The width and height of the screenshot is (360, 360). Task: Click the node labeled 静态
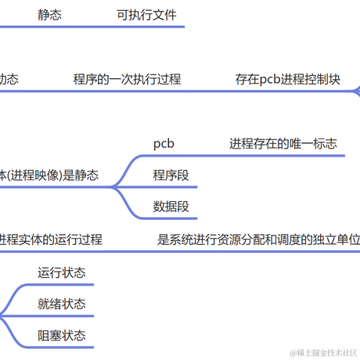(51, 14)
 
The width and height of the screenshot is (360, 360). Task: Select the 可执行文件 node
(146, 14)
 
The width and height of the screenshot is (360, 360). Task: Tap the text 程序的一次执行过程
(127, 79)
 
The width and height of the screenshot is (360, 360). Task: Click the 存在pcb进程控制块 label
(287, 79)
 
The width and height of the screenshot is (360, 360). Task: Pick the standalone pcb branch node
(164, 143)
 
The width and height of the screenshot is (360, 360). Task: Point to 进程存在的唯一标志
(283, 143)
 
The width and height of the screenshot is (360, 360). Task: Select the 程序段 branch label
(171, 175)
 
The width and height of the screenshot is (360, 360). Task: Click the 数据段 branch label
(171, 207)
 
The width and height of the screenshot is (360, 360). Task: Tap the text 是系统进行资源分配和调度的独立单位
(259, 239)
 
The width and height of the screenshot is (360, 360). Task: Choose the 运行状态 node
(62, 272)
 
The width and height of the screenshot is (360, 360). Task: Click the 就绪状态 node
(62, 304)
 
